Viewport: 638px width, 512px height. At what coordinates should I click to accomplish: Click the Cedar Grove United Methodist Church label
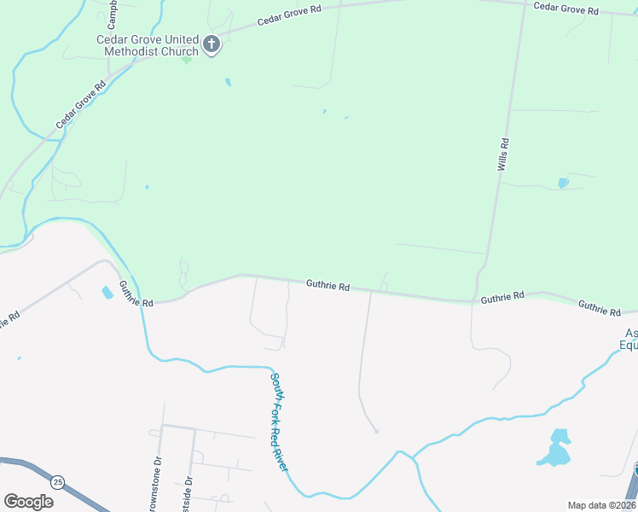147,45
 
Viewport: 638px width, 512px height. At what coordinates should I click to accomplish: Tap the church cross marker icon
212,44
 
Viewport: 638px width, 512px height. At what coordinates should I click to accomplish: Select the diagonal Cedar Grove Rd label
81,105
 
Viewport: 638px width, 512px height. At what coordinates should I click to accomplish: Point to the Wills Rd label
503,154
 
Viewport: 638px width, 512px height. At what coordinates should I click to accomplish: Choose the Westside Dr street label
188,493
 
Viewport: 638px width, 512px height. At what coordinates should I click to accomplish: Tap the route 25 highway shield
56,481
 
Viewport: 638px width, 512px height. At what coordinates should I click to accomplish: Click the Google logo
28,501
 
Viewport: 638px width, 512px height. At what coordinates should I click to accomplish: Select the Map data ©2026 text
601,505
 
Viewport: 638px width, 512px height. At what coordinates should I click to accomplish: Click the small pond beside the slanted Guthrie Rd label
107,292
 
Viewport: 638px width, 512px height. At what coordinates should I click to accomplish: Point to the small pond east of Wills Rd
562,182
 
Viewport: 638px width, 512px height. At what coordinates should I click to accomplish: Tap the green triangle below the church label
186,60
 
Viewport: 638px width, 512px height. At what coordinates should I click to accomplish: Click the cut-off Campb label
113,13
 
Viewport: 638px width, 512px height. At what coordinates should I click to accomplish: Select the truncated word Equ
628,346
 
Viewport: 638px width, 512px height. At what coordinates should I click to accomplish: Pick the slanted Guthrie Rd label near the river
135,294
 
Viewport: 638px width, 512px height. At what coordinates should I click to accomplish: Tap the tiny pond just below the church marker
228,82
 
